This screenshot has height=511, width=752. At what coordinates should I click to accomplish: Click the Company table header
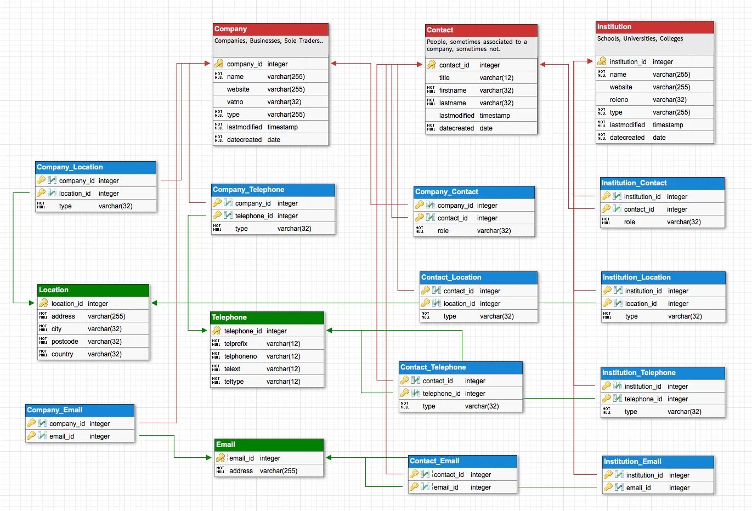tap(270, 29)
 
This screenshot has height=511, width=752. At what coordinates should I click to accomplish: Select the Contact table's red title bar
tap(481, 30)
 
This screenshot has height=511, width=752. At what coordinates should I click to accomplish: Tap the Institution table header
tap(654, 27)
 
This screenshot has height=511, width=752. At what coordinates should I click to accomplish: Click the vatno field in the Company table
tap(235, 102)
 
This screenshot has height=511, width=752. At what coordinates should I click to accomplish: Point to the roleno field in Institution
tap(619, 100)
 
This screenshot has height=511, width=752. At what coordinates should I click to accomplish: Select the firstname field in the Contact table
tap(453, 90)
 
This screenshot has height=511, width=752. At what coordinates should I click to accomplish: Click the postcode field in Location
tap(65, 342)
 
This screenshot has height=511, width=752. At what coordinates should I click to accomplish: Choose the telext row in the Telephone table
tap(232, 369)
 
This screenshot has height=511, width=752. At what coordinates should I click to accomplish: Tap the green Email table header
tap(269, 445)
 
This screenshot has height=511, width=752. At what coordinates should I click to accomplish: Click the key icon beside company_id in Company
tap(219, 64)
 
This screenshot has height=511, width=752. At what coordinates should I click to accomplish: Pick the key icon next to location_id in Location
tap(43, 303)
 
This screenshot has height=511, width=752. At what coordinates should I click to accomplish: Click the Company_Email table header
tap(80, 410)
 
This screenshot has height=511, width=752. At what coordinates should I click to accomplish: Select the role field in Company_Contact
tap(443, 231)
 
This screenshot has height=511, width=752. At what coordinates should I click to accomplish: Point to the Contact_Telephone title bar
tap(460, 367)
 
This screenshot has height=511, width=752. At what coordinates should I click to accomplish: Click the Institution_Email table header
tap(658, 462)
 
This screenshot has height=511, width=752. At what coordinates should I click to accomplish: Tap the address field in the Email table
tap(241, 471)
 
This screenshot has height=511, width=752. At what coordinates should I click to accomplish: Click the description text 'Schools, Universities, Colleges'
tap(640, 39)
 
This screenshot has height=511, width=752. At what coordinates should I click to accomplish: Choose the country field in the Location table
tap(62, 354)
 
